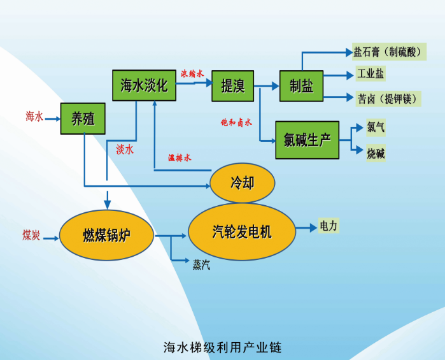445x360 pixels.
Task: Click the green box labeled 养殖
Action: tap(83, 118)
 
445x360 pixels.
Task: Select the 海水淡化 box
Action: tap(144, 85)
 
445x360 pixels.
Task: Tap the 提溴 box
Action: tap(232, 85)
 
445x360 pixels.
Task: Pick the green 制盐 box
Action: tap(301, 85)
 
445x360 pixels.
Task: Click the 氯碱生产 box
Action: tap(307, 140)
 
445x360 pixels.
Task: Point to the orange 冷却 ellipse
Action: tap(242, 183)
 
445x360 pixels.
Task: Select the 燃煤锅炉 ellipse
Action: tap(107, 235)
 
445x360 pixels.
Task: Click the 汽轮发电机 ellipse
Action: tap(242, 231)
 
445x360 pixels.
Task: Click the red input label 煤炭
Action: tap(31, 235)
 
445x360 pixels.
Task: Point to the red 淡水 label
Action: tap(124, 150)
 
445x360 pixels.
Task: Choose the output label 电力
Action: tap(328, 226)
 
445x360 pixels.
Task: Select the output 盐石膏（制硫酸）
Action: tap(389, 52)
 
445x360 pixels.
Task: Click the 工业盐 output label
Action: tap(371, 74)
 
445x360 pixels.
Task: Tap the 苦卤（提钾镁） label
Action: tap(386, 98)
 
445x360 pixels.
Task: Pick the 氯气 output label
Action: tap(376, 127)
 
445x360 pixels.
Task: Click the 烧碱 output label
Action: tap(376, 153)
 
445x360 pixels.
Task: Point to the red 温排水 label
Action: tap(180, 157)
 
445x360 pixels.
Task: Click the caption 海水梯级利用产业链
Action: tap(222, 347)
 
